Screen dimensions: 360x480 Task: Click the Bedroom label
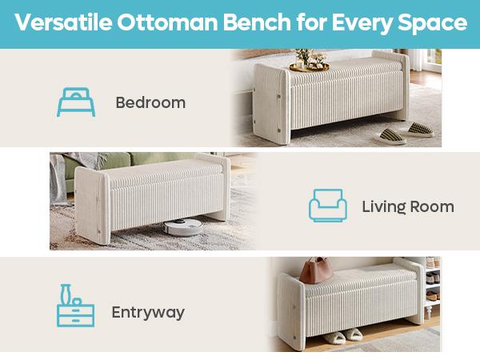pos(150,102)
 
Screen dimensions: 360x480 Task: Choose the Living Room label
pos(407,206)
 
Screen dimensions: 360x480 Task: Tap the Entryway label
pos(148,312)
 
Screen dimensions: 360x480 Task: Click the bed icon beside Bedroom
pos(75,102)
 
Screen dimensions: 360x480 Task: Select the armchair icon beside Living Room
pos(328,206)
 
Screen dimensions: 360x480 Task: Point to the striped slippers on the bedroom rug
pos(398,134)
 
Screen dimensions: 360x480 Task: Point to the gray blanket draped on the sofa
pos(68,172)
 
